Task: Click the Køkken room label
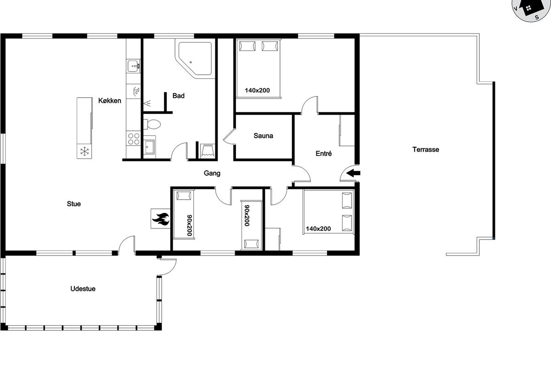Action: pyautogui.click(x=110, y=100)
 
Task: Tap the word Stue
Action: pyautogui.click(x=74, y=204)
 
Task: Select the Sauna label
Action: pyautogui.click(x=263, y=136)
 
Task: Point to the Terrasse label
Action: pyautogui.click(x=426, y=150)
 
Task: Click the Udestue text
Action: pyautogui.click(x=83, y=289)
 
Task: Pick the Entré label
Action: pyautogui.click(x=324, y=153)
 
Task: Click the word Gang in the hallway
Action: pyautogui.click(x=212, y=173)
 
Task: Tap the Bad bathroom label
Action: pyautogui.click(x=178, y=95)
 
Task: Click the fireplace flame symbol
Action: pyautogui.click(x=161, y=219)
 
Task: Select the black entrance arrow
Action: pyautogui.click(x=353, y=173)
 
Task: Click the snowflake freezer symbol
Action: pyautogui.click(x=84, y=151)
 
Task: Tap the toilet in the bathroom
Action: pyautogui.click(x=152, y=124)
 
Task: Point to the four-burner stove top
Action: pyautogui.click(x=133, y=139)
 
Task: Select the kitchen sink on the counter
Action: pyautogui.click(x=133, y=66)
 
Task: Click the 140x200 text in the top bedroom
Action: pyautogui.click(x=257, y=90)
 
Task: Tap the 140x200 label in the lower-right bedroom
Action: pyautogui.click(x=318, y=229)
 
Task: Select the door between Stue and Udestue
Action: pyautogui.click(x=127, y=245)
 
